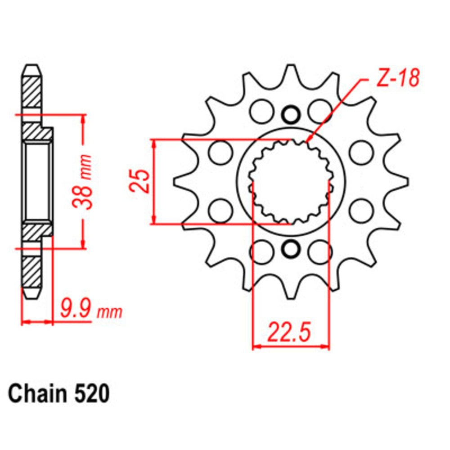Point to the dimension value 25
(x=141, y=181)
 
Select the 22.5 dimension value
(x=289, y=333)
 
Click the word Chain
(x=36, y=395)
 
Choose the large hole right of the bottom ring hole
(x=320, y=251)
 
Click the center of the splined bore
(x=291, y=181)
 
